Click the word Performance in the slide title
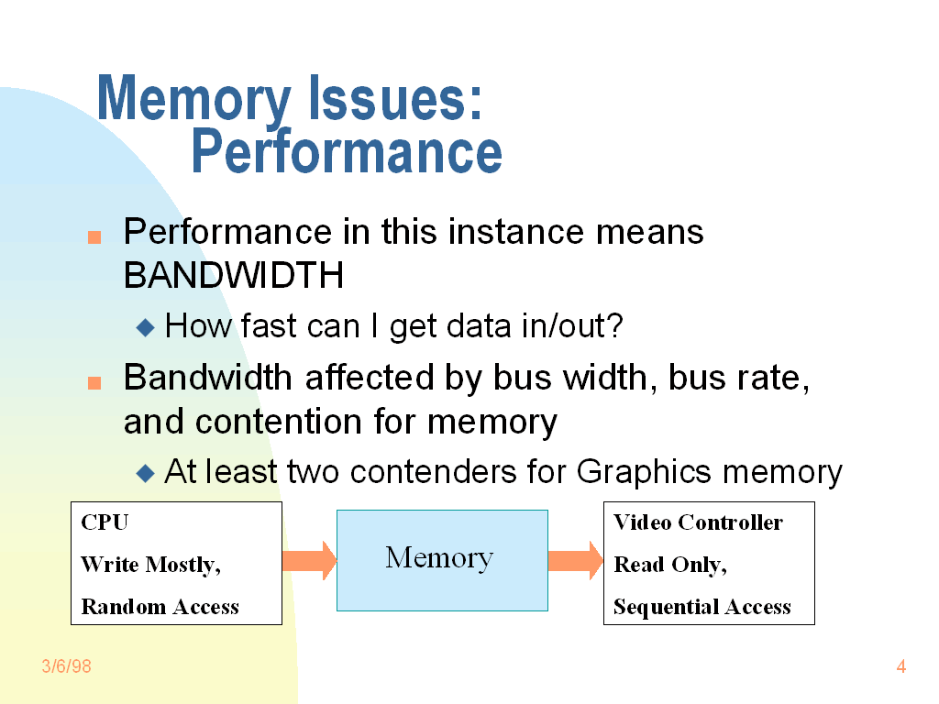[347, 152]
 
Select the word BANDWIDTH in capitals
[234, 275]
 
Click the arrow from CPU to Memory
[309, 560]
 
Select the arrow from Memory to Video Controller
[575, 560]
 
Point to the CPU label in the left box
[105, 522]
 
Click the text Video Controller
[698, 522]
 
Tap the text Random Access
[160, 607]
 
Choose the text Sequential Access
[701, 607]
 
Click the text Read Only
[669, 565]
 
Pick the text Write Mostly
[150, 565]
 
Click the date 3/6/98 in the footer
[67, 666]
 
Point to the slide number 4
[900, 666]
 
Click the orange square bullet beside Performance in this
[94, 237]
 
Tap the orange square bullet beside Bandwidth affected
[94, 383]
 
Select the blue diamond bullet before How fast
[146, 326]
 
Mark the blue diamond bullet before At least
[146, 473]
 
